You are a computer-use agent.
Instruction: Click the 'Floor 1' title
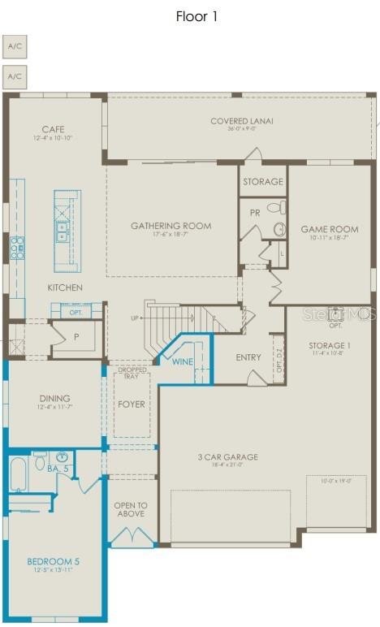pyautogui.click(x=196, y=16)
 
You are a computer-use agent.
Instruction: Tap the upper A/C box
pyautogui.click(x=15, y=46)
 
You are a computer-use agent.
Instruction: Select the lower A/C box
pyautogui.click(x=15, y=77)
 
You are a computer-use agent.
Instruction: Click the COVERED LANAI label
pyautogui.click(x=242, y=122)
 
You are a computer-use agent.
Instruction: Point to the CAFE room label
pyautogui.click(x=54, y=129)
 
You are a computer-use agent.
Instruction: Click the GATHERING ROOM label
pyautogui.click(x=171, y=226)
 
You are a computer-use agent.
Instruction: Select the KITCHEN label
pyautogui.click(x=65, y=288)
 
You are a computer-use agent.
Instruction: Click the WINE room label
pyautogui.click(x=183, y=361)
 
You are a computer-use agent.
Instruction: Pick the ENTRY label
pyautogui.click(x=248, y=357)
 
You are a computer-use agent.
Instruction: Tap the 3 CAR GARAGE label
pyautogui.click(x=227, y=457)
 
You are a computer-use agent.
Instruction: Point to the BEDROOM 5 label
pyautogui.click(x=54, y=560)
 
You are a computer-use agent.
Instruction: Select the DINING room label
pyautogui.click(x=54, y=399)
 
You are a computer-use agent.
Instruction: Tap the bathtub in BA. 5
pyautogui.click(x=18, y=473)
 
